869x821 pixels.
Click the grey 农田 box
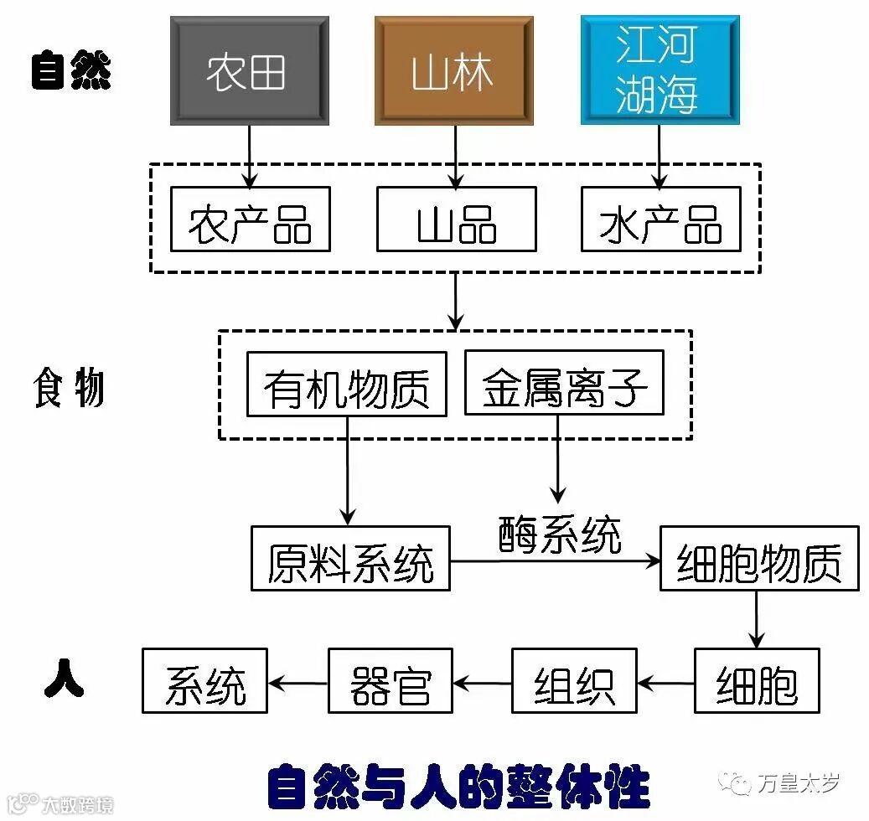click(249, 71)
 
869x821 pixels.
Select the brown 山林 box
click(454, 71)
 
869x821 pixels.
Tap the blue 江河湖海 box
click(660, 70)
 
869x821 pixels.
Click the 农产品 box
click(250, 219)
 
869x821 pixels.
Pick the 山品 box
click(456, 219)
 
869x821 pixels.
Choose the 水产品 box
click(660, 219)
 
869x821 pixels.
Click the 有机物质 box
click(346, 384)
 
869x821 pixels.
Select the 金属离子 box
click(564, 384)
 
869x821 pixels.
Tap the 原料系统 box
click(350, 559)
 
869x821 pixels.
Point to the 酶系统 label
click(561, 534)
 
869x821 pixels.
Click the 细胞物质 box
click(758, 559)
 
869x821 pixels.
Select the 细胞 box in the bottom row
click(757, 681)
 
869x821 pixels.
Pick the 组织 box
click(574, 681)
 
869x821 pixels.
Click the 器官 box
click(390, 681)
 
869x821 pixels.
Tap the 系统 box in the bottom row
click(204, 681)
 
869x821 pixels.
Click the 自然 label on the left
click(71, 70)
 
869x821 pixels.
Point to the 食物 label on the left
click(69, 389)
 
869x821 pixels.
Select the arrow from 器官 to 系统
click(297, 683)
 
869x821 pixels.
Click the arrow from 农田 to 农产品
click(249, 155)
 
